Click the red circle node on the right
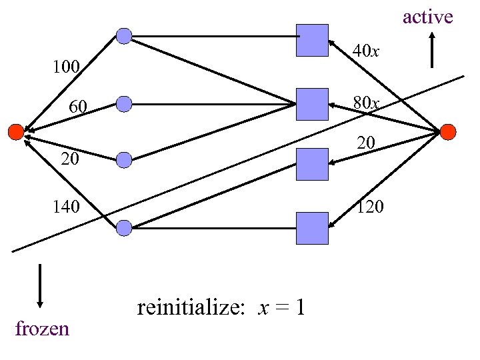pos(448,131)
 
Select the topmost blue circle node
pos(124,35)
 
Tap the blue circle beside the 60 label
pos(124,103)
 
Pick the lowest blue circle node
pos(124,228)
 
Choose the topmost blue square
pos(312,40)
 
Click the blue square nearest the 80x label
pos(312,104)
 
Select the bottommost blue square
pos(312,228)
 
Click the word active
pos(427,17)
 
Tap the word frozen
pos(41,328)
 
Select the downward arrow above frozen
pos(41,286)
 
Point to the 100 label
pos(67,67)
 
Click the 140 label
pos(67,207)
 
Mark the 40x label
pos(366,51)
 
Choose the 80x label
pos(366,103)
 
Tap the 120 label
pos(371,207)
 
